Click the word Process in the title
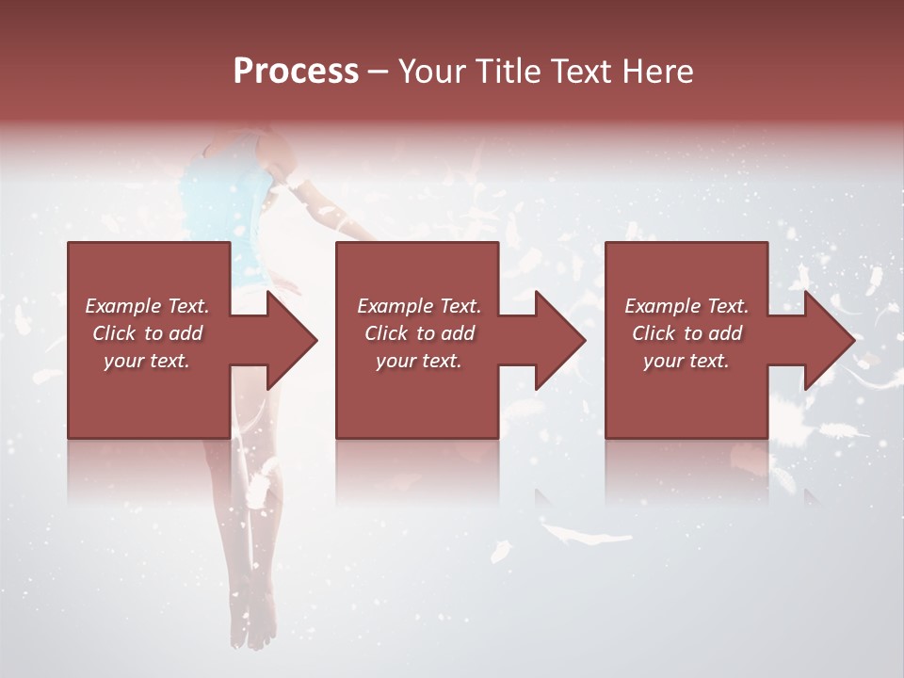[x=296, y=72]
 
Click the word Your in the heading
[x=432, y=72]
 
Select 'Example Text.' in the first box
[x=147, y=306]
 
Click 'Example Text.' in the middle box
[x=419, y=306]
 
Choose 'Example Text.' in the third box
[x=686, y=306]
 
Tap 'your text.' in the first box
[x=147, y=361]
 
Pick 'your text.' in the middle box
[x=419, y=361]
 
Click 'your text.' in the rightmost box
[x=686, y=361]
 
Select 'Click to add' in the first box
[x=147, y=333]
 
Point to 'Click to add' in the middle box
[x=419, y=333]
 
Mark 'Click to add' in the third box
[x=686, y=333]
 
